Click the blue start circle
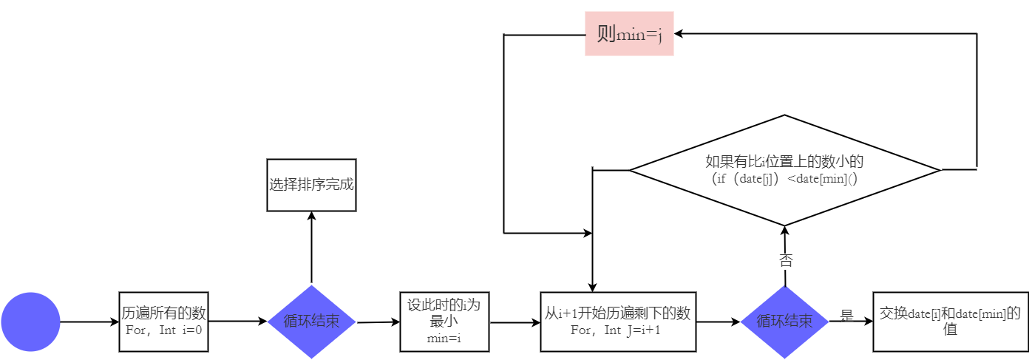point(30,322)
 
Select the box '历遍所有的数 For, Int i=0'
point(164,322)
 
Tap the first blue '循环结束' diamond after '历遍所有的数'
point(311,322)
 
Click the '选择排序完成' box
point(311,185)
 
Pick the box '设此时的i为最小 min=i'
point(444,322)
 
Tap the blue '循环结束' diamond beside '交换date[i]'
point(784,322)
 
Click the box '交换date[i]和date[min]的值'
point(950,322)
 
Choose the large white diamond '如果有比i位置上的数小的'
point(784,170)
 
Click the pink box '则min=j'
point(629,33)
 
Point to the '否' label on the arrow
point(786,260)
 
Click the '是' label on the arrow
point(847,316)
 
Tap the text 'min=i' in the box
point(444,339)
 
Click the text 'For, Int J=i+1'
point(617,330)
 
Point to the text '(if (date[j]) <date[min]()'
point(784,179)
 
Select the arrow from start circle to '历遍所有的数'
point(89,322)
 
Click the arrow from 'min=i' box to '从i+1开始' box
point(514,322)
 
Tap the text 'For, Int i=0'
point(164,330)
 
